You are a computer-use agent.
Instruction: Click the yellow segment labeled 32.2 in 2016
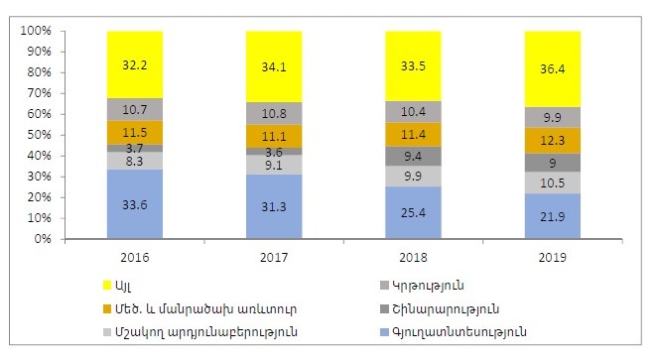click(136, 64)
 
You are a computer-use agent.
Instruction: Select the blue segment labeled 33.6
click(136, 204)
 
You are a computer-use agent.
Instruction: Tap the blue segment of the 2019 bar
click(551, 216)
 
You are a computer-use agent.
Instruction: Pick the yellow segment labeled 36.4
click(551, 68)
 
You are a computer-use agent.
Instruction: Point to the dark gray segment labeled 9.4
click(413, 155)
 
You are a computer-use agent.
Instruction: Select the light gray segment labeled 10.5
click(551, 182)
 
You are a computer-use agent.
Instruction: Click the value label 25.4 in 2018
click(413, 212)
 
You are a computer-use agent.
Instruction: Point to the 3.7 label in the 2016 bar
click(136, 148)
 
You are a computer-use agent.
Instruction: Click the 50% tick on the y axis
click(39, 135)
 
